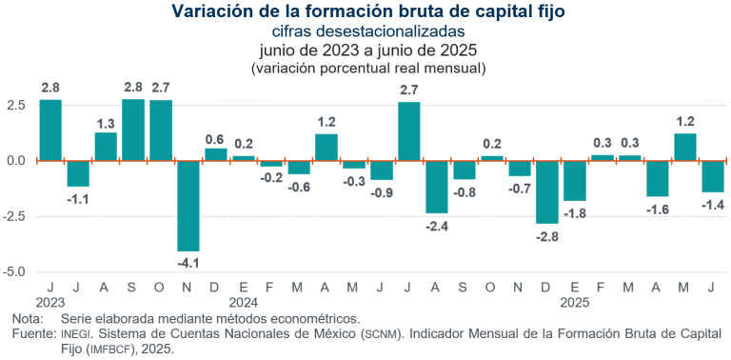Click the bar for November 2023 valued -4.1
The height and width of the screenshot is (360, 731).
click(x=188, y=206)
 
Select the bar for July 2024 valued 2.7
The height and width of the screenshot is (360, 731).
click(x=409, y=131)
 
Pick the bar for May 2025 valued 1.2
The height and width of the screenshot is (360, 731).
click(x=685, y=147)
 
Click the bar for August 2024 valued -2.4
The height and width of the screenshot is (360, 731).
click(x=437, y=187)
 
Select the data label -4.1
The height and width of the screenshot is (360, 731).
click(x=188, y=262)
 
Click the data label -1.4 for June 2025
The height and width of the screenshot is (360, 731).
click(x=712, y=204)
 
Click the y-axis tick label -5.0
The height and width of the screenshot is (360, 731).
click(x=16, y=271)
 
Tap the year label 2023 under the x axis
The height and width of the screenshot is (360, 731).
click(x=50, y=301)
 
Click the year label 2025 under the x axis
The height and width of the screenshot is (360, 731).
click(x=575, y=301)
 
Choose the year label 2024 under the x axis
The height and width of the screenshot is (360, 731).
click(x=244, y=301)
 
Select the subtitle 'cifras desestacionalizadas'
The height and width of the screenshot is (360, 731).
click(x=365, y=31)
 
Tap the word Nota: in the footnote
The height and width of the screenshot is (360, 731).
click(x=29, y=318)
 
